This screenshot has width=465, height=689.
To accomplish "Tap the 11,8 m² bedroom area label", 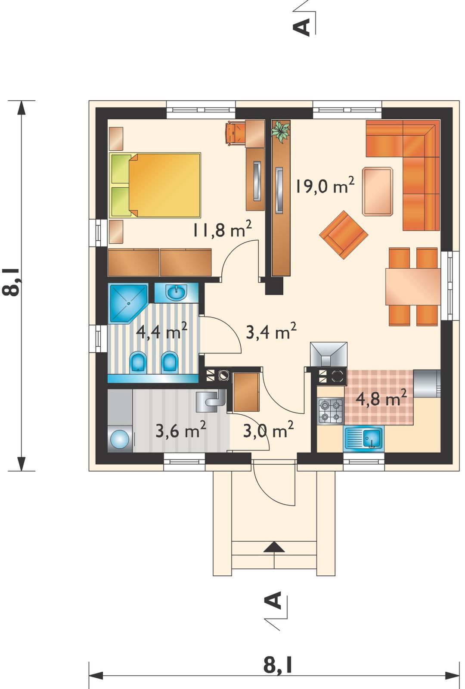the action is (222, 230).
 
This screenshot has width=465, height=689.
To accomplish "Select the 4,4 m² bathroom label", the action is (162, 331).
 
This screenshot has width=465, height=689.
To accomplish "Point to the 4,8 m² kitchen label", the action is (381, 398).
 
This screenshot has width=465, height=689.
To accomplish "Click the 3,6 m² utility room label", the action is (181, 430).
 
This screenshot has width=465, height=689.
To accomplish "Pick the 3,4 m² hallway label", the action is (271, 331).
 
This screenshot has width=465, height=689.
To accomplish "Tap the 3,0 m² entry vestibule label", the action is (268, 430).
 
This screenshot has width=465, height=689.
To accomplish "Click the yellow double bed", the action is (155, 185).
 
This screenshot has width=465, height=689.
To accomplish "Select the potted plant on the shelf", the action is (280, 131).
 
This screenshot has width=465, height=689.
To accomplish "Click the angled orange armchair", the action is (344, 234).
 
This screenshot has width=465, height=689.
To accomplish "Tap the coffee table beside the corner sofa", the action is (378, 191).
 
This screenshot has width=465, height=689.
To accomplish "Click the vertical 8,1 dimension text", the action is (11, 282).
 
